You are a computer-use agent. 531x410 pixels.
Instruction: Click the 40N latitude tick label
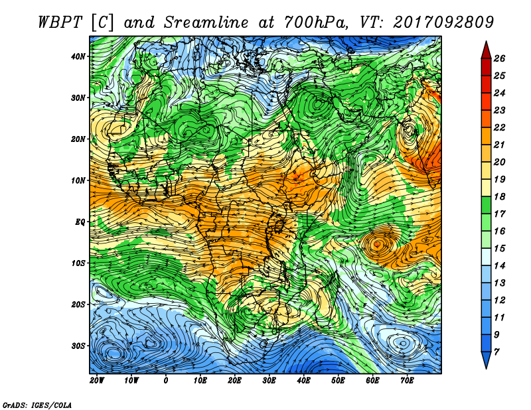coord(78,56)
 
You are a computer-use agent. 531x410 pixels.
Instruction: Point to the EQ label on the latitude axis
coord(80,222)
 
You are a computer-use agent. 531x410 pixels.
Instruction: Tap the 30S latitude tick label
coord(78,346)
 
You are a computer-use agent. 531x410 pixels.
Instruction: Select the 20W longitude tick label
coord(97,381)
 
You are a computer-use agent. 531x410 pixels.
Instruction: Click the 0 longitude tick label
coord(165,381)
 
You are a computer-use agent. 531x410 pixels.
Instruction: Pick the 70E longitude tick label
coord(407,381)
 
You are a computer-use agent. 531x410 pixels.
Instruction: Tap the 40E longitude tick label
coord(303,381)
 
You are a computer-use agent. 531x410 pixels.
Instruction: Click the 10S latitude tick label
coord(78,263)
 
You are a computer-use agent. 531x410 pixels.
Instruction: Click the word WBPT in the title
coord(60,23)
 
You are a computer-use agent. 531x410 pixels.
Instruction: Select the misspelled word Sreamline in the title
coord(206,23)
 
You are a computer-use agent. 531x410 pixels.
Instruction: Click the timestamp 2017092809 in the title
coord(443,23)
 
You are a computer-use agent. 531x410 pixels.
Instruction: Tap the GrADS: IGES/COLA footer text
coord(37,405)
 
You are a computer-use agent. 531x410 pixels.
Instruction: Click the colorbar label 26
coord(499,58)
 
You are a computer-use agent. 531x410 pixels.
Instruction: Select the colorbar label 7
coord(496,352)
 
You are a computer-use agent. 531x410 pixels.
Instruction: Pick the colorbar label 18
coord(499,196)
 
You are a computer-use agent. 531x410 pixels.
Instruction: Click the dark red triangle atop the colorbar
coord(486,51)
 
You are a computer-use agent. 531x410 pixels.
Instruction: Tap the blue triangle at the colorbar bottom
coord(486,359)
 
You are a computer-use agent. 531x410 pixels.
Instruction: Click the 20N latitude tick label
coord(78,139)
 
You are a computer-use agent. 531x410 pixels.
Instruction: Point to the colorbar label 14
coord(499,266)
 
